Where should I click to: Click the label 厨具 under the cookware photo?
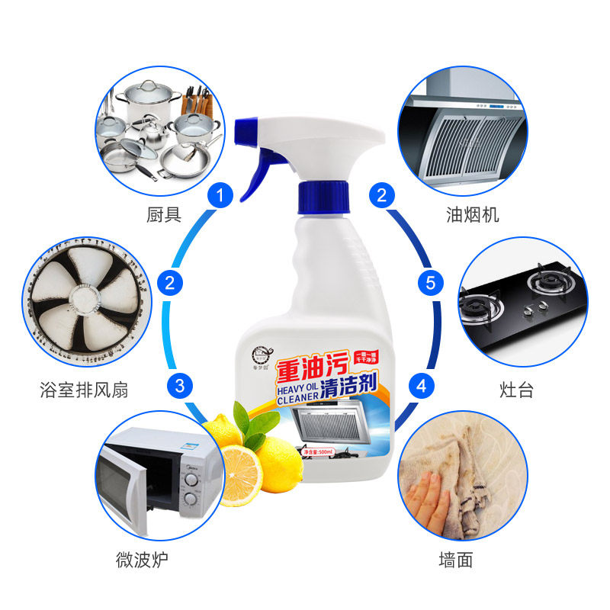[x=163, y=215]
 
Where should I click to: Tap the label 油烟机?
[x=472, y=215]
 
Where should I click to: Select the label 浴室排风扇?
[x=84, y=390]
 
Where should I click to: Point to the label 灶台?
[x=515, y=390]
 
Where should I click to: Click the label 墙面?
[x=456, y=560]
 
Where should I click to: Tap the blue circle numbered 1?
[x=220, y=196]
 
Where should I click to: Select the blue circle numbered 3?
[x=180, y=385]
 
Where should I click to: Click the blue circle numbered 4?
[x=421, y=385]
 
